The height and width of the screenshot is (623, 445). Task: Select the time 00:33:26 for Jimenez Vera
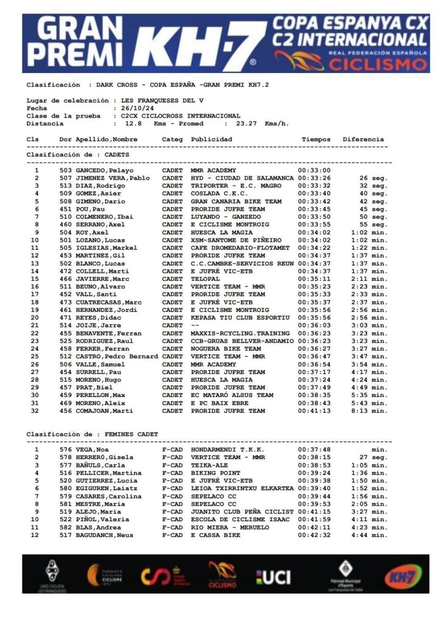coord(314,178)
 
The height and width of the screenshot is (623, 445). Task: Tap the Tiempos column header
coord(316,139)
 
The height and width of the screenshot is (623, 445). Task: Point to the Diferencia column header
coord(363,139)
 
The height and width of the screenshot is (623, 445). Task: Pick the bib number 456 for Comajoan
coord(66,411)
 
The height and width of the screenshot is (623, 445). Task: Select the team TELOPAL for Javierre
coord(206,279)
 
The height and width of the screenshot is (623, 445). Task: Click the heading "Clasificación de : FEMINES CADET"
coord(92,434)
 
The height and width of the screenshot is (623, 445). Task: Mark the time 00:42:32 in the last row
coord(314,535)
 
